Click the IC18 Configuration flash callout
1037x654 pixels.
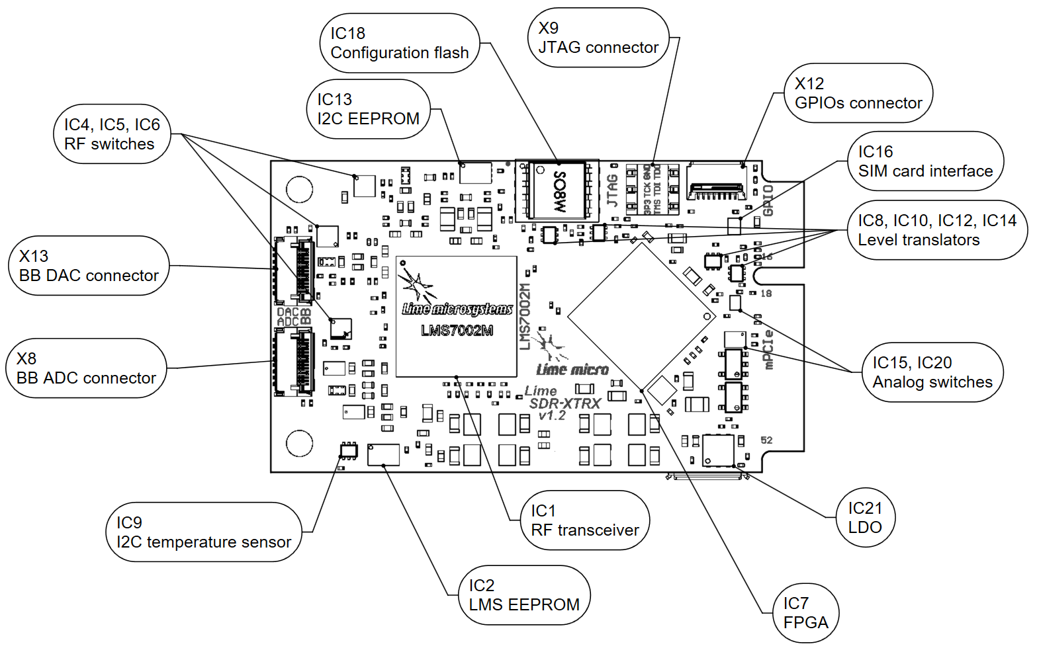[x=399, y=43]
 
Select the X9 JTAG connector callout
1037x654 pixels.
[x=598, y=38]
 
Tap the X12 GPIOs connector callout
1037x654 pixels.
[x=858, y=93]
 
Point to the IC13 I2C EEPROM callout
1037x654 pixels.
[x=369, y=109]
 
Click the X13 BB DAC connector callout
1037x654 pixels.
[x=89, y=266]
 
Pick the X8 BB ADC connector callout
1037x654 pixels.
[x=86, y=368]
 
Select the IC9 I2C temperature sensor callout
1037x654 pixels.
[x=203, y=532]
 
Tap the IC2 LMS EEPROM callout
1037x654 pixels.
[x=523, y=595]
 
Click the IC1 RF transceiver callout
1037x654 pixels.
[x=584, y=520]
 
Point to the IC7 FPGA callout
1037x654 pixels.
[x=805, y=613]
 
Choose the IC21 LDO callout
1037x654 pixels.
[x=865, y=518]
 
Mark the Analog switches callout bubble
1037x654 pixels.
[x=932, y=372]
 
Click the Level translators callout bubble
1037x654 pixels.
[x=936, y=230]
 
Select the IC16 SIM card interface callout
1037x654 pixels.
[x=925, y=161]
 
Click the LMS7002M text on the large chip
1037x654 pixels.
[x=457, y=331]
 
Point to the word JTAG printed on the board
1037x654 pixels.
[x=613, y=190]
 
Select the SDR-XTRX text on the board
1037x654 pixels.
[x=564, y=403]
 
